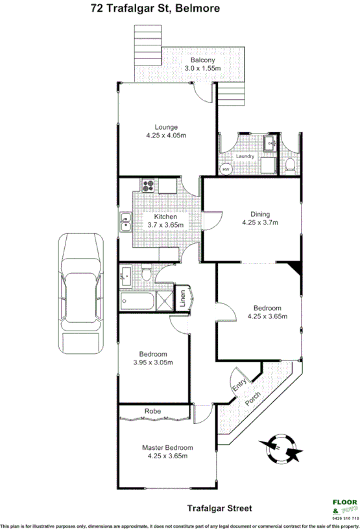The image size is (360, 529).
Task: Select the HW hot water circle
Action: point(226,169)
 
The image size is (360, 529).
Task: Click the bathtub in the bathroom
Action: point(137,301)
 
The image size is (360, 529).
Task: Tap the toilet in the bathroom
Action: point(147,275)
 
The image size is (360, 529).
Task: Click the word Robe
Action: point(152,411)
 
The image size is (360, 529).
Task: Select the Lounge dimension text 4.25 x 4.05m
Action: point(166,135)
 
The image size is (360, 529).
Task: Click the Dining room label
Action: point(259,215)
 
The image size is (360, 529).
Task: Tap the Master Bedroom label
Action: point(167,447)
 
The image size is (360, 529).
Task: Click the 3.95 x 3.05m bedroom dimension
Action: point(153,362)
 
